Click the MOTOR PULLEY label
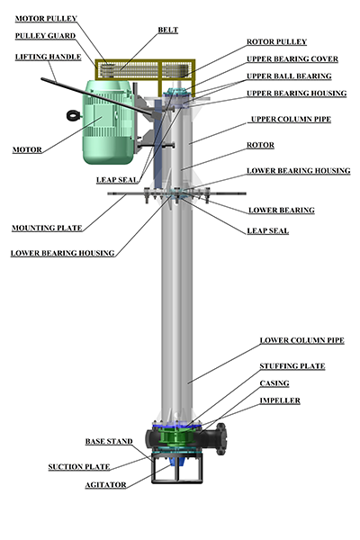[46, 19]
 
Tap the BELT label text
[167, 30]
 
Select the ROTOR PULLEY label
[276, 41]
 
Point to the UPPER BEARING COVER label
[292, 58]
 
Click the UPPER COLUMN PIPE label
[291, 119]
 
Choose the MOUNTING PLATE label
[47, 228]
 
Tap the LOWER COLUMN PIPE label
[301, 340]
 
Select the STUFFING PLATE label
[292, 366]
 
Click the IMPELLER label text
[280, 400]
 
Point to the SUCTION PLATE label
[79, 466]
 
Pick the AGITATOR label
[105, 485]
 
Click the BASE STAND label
[109, 442]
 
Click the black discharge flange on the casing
[220, 439]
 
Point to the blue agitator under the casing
[177, 461]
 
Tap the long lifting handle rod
[96, 96]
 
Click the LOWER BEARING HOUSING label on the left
[62, 253]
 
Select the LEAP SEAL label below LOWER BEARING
[267, 230]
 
